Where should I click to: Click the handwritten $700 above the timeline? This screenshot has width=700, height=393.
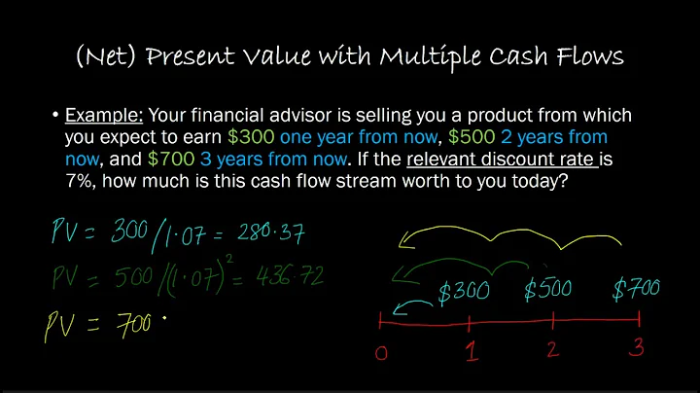[x=638, y=288]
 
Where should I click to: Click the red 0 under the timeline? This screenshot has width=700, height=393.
[x=380, y=352]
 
